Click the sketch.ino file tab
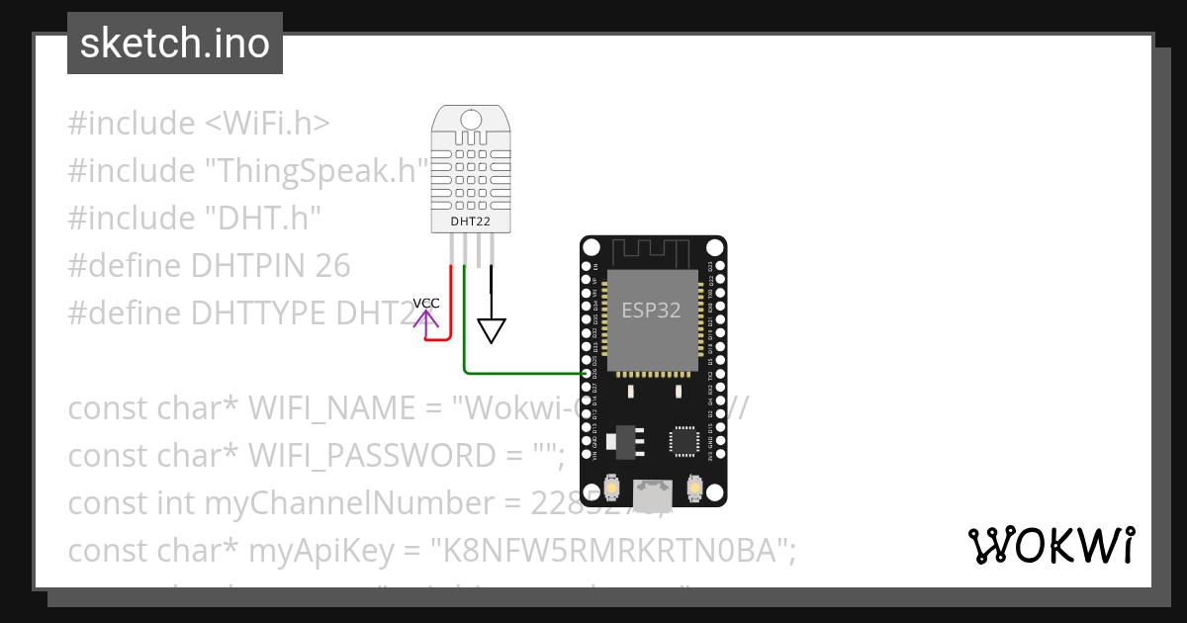coord(175,44)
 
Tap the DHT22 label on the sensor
coord(471,222)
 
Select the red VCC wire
coord(452,307)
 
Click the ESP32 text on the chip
coord(651,310)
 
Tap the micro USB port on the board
coord(653,490)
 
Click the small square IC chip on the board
coord(685,441)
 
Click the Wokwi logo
coord(1050,545)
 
